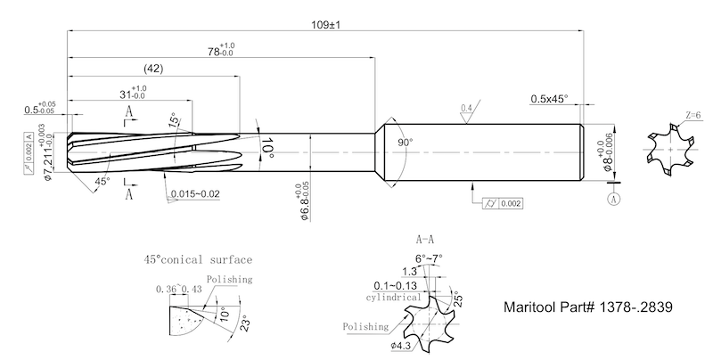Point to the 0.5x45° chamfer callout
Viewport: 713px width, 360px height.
(x=549, y=98)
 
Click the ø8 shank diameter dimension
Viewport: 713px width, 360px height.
(x=610, y=151)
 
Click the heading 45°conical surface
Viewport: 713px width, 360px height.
(x=198, y=260)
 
